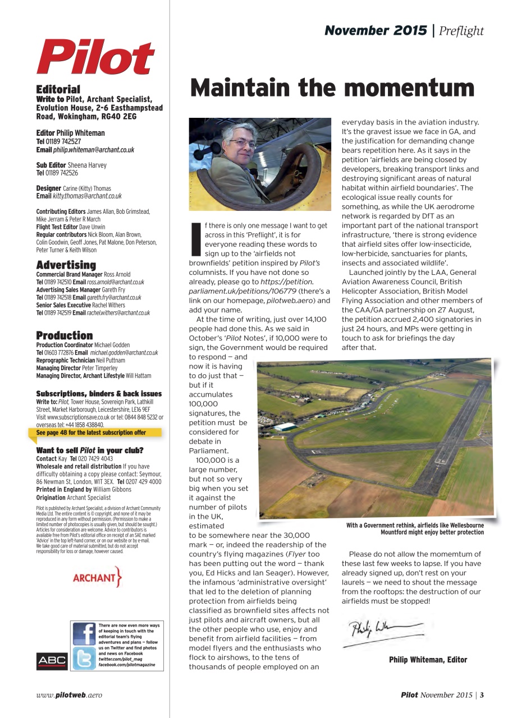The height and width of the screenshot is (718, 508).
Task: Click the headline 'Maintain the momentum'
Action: tap(332, 88)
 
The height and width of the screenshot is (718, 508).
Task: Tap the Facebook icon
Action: tap(84, 634)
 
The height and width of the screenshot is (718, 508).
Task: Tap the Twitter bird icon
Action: tap(84, 659)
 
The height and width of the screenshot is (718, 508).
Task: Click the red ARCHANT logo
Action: tap(97, 578)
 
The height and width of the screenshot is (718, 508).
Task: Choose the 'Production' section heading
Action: tap(64, 335)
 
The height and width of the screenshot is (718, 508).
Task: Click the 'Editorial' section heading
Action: tap(58, 89)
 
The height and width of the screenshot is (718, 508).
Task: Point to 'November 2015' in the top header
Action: tap(376, 31)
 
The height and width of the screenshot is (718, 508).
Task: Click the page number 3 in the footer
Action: tap(482, 695)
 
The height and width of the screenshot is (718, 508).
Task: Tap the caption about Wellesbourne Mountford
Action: tap(415, 528)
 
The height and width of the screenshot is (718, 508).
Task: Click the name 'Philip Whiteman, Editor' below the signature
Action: tap(428, 660)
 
